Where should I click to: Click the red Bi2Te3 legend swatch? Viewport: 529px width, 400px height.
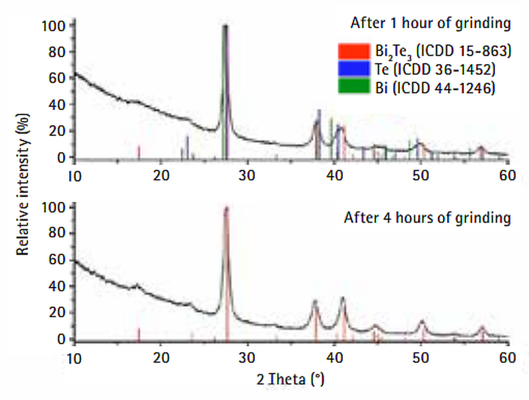click(x=354, y=51)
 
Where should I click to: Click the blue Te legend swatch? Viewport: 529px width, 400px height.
click(x=354, y=69)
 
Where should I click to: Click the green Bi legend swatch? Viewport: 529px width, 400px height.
click(x=354, y=87)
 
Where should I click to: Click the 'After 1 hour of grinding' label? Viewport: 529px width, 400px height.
click(x=430, y=23)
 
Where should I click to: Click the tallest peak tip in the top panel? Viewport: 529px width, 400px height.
click(x=225, y=26)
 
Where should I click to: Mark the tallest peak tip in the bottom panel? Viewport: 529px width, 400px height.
click(x=227, y=208)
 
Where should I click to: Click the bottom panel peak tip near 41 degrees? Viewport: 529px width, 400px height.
click(x=343, y=298)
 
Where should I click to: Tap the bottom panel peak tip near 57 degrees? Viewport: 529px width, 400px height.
click(x=482, y=327)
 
